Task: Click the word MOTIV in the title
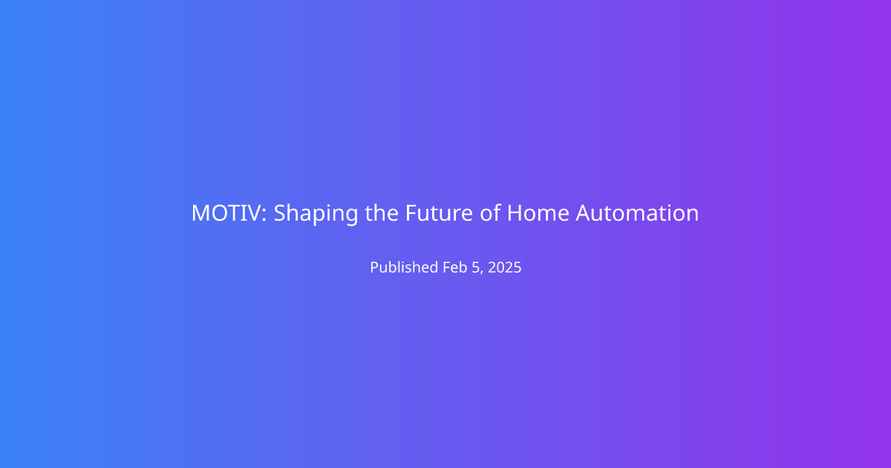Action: click(x=226, y=213)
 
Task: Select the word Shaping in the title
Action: click(x=316, y=214)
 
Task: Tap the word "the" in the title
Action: click(x=382, y=212)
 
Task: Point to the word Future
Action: click(x=439, y=213)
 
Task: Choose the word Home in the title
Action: click(x=538, y=213)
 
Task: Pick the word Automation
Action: click(x=637, y=213)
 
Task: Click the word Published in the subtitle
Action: click(x=404, y=267)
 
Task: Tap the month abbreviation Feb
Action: click(x=455, y=267)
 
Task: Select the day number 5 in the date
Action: click(x=476, y=267)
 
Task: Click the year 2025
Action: click(x=504, y=267)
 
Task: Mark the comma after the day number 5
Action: click(x=482, y=273)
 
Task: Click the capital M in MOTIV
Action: click(x=201, y=213)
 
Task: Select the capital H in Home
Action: click(x=515, y=213)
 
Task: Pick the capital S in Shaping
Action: click(x=280, y=213)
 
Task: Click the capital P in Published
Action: click(x=375, y=267)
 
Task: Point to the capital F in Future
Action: click(x=411, y=213)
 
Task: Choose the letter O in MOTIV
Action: click(x=221, y=213)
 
